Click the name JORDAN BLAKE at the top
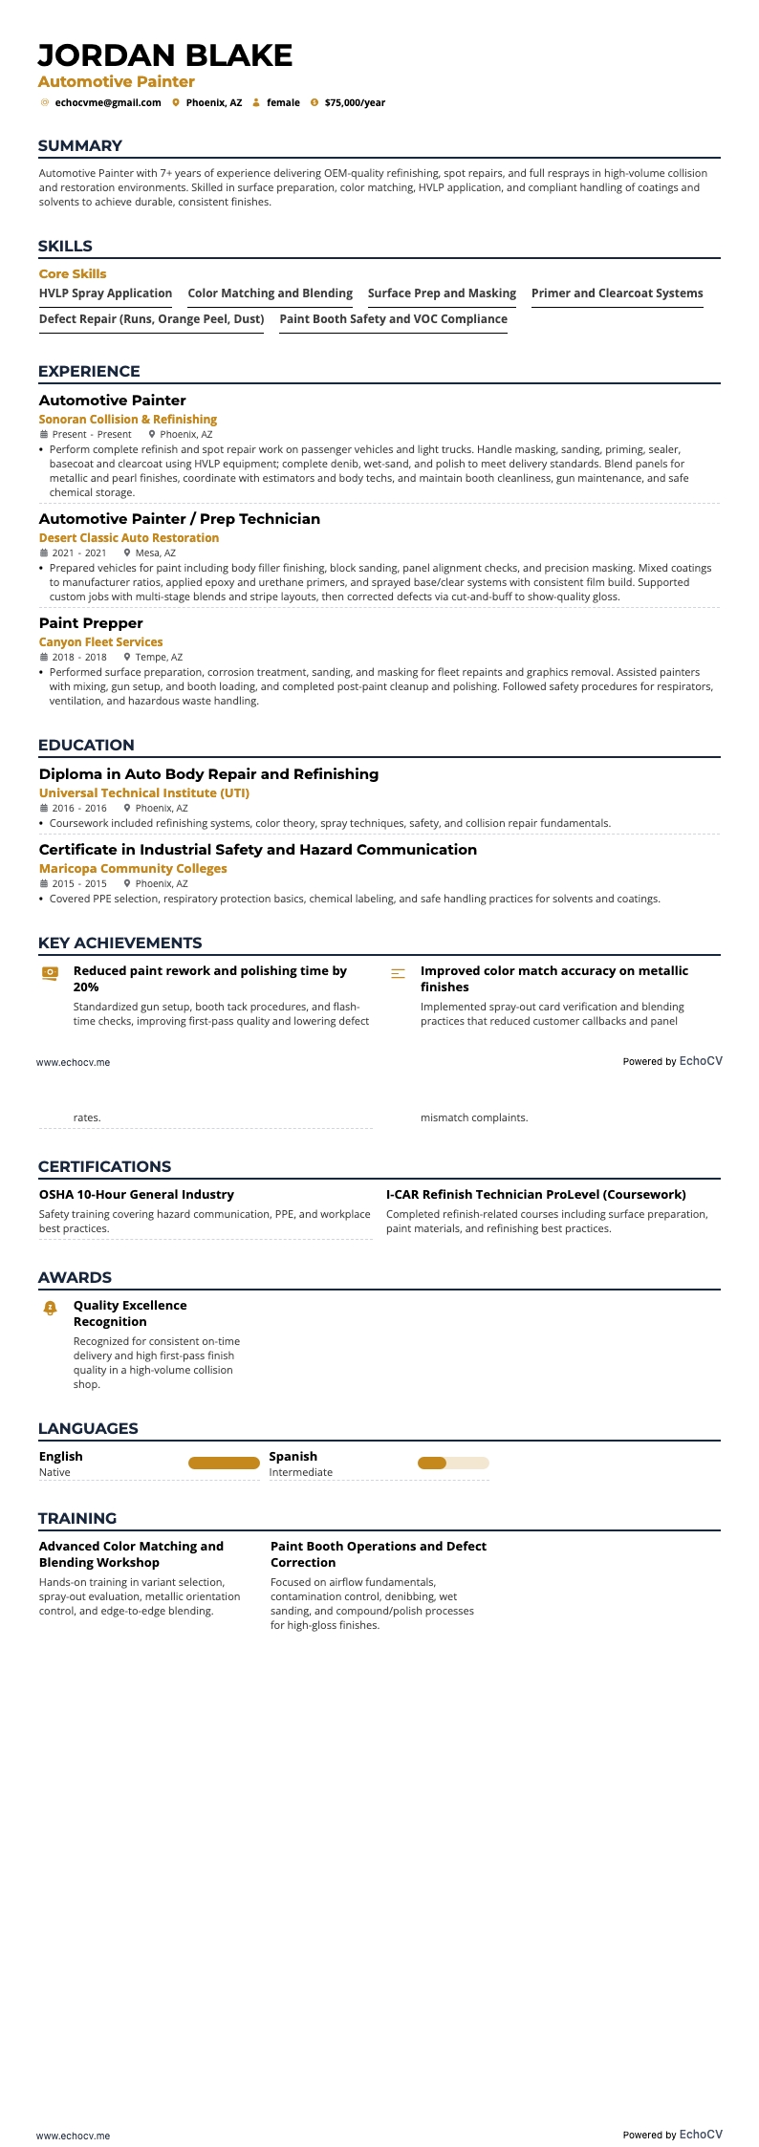(165, 55)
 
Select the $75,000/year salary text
(355, 102)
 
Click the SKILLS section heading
(65, 246)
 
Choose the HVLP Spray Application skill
(105, 293)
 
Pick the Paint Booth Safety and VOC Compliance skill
(393, 319)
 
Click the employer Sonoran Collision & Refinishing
(128, 420)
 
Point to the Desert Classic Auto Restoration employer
(129, 538)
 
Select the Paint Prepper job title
(91, 623)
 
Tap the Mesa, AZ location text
(155, 553)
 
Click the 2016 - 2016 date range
(79, 809)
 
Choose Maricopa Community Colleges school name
(133, 869)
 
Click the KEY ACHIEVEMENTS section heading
(119, 943)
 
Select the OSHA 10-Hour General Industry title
(137, 1194)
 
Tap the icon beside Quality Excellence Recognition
(51, 1308)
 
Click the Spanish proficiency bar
(453, 1463)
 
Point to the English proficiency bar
(224, 1463)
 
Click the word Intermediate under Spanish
(300, 1472)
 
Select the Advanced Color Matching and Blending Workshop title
(131, 1553)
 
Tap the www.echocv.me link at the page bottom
(73, 2135)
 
